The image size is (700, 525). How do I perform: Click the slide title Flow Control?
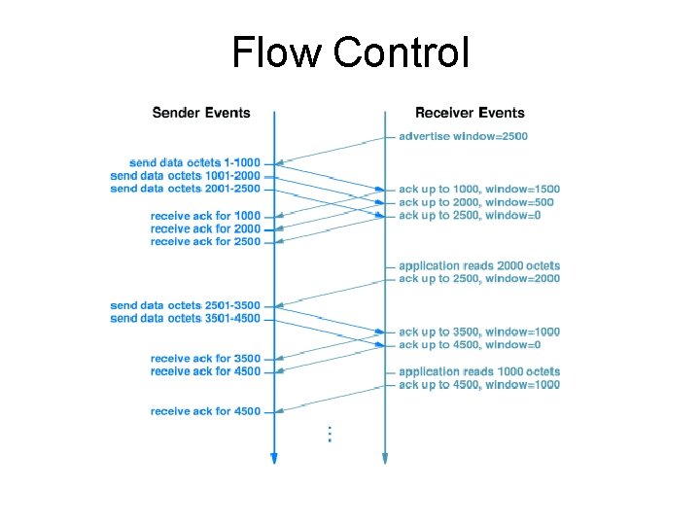pos(350,52)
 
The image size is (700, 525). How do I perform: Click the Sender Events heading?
pos(201,113)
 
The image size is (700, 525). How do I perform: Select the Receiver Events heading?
pos(470,113)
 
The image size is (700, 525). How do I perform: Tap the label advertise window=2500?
pos(463,136)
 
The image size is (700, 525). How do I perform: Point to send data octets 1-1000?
pos(194,161)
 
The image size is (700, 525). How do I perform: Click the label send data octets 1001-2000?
pos(186,175)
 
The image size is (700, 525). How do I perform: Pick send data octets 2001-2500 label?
pos(186,189)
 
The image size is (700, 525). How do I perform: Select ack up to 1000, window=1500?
pos(479,189)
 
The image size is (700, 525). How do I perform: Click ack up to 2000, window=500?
pos(476,202)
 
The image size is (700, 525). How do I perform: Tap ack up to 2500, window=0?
pos(470,215)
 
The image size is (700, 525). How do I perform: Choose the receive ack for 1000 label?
pos(205,215)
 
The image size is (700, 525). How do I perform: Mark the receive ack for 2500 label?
pos(205,241)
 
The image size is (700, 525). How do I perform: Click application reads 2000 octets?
pos(479,265)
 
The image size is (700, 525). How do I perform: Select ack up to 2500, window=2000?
pos(479,279)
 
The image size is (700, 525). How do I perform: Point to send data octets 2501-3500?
pos(186,305)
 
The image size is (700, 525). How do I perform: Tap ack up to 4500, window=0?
pos(470,344)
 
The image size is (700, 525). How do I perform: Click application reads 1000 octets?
pos(479,371)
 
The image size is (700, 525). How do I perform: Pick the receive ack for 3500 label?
pos(205,359)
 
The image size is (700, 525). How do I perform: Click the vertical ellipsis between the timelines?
pos(331,434)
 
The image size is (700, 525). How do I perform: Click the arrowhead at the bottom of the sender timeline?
pos(274,459)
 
